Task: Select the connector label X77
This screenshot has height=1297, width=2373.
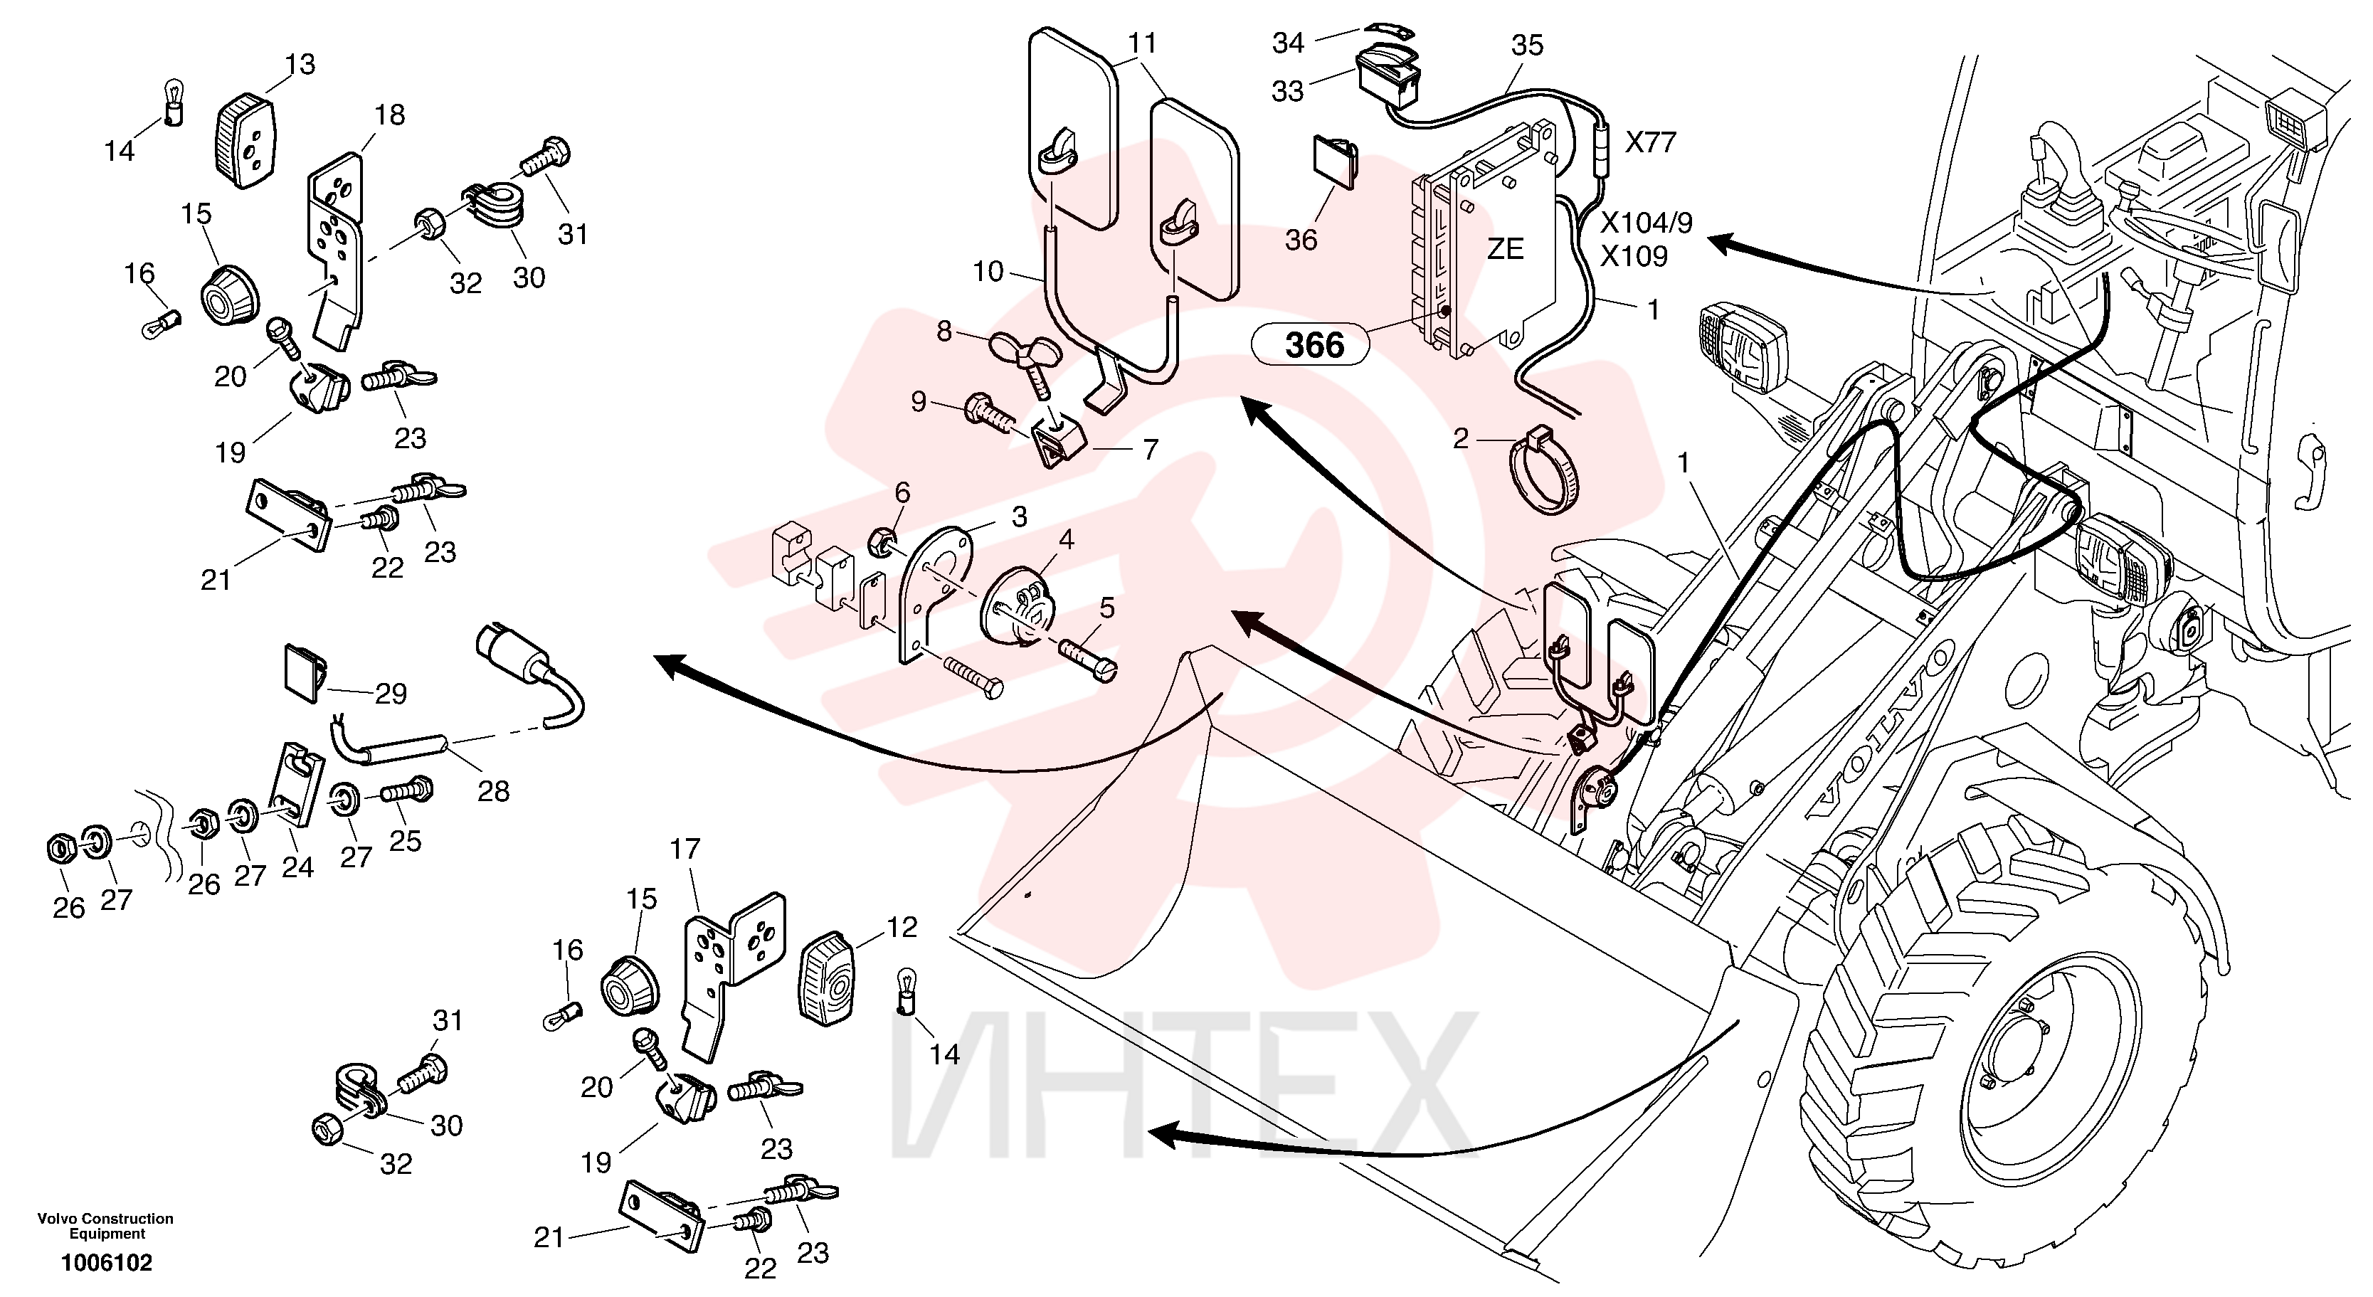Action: (x=1651, y=142)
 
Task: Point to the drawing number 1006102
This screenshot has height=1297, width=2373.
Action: (x=107, y=1262)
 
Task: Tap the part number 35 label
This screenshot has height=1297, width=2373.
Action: (x=1528, y=44)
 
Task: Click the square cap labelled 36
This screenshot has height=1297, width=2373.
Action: (x=1335, y=162)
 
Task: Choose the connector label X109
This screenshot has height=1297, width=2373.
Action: (x=1634, y=255)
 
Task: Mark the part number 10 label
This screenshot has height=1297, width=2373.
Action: (x=988, y=271)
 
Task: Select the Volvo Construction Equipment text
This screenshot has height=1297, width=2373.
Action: (x=105, y=1226)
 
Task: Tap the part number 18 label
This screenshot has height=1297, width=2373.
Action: (x=390, y=115)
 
